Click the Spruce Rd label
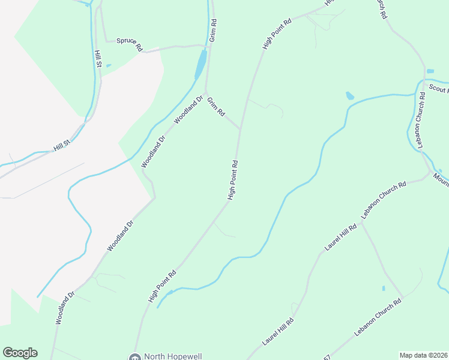click(x=130, y=44)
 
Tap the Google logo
click(x=20, y=353)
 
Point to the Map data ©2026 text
click(x=424, y=355)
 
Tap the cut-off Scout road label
click(x=439, y=88)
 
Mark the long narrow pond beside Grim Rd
click(x=200, y=64)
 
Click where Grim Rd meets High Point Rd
click(x=240, y=128)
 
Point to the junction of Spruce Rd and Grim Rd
click(x=208, y=45)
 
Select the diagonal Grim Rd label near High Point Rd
click(x=215, y=107)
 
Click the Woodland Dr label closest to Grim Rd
click(x=189, y=109)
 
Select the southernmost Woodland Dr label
click(x=64, y=308)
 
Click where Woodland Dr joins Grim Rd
click(x=205, y=92)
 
